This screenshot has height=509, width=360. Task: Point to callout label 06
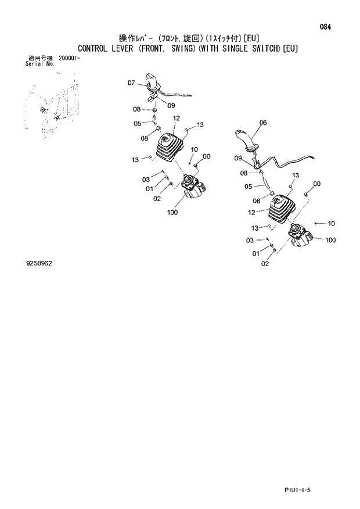tap(263, 123)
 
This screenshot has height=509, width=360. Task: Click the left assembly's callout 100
tap(172, 212)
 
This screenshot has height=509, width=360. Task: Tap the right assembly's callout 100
tap(330, 239)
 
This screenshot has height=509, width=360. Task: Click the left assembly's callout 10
tap(194, 149)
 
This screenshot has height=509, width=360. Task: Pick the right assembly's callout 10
tap(331, 223)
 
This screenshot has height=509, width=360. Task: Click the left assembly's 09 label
tap(171, 105)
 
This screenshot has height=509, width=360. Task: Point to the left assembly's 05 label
tap(138, 123)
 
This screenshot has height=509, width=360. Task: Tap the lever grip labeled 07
tap(152, 81)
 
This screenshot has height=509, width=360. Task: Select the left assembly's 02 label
tap(157, 199)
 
